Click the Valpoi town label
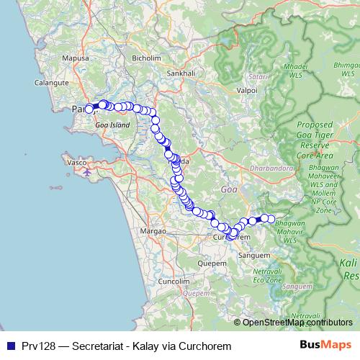247,91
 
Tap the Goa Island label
112,125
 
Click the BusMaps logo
325,346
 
